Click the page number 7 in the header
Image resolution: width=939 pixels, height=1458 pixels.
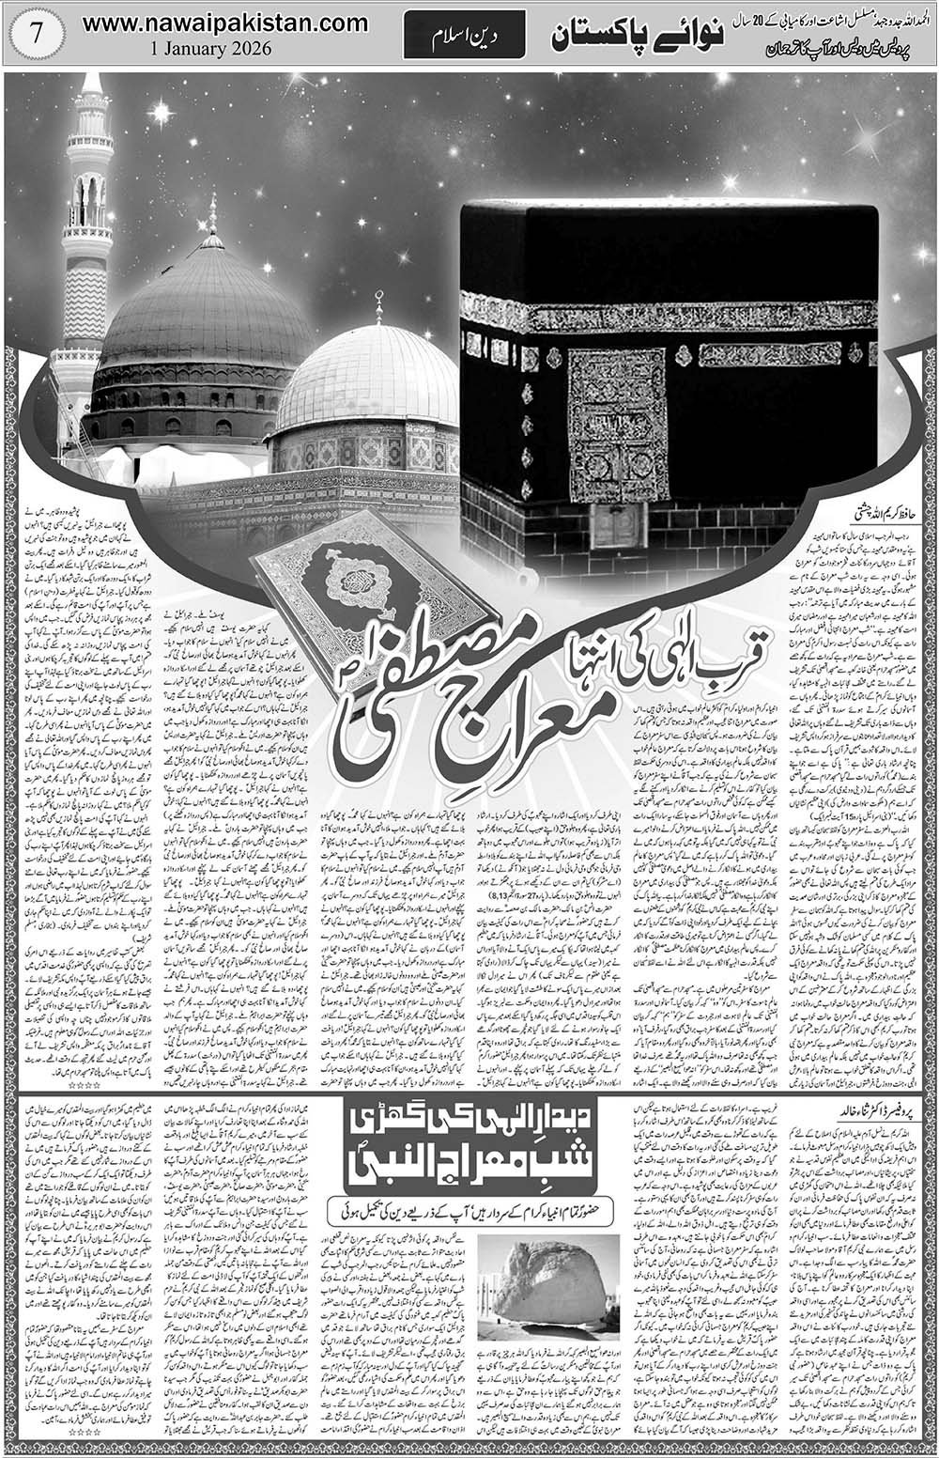click(x=36, y=32)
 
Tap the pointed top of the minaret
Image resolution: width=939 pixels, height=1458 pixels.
click(x=91, y=83)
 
